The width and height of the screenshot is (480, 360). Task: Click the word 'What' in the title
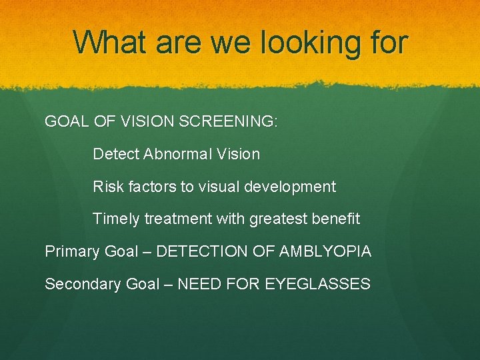(x=109, y=42)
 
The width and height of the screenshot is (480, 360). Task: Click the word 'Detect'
(x=115, y=154)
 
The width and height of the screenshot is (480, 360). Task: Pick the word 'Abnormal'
(x=175, y=154)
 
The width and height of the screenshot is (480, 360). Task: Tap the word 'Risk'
(x=107, y=187)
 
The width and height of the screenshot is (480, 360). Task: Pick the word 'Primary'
(x=72, y=251)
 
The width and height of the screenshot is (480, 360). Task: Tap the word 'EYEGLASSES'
(x=317, y=284)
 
